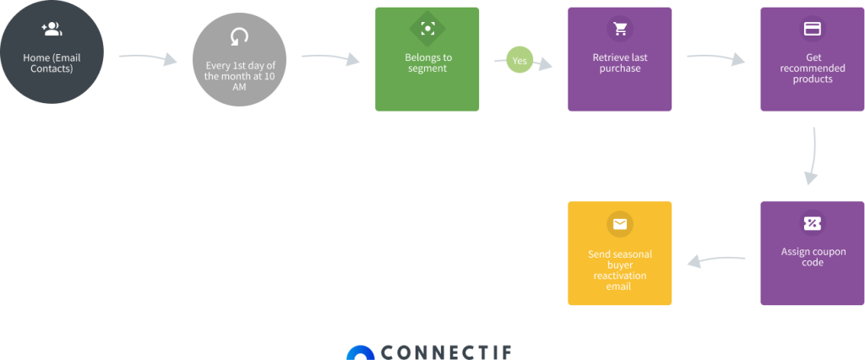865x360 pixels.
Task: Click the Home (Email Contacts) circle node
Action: (x=52, y=52)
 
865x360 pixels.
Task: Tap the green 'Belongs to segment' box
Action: (x=427, y=60)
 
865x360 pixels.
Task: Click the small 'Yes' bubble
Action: (x=520, y=61)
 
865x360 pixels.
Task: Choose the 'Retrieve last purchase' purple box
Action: (x=620, y=60)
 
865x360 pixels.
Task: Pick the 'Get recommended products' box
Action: (x=812, y=60)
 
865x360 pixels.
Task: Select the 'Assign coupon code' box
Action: (x=812, y=254)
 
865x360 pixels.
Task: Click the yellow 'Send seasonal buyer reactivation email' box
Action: (x=620, y=254)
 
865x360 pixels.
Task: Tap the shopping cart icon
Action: (x=621, y=29)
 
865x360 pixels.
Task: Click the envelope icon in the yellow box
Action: (x=620, y=224)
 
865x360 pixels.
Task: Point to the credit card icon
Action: (x=813, y=29)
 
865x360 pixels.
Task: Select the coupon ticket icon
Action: (x=813, y=223)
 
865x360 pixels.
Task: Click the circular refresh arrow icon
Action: (x=240, y=36)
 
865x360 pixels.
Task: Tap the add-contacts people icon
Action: (x=52, y=30)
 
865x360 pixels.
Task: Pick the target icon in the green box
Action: (x=427, y=29)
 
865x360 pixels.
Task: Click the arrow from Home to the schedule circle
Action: (x=148, y=58)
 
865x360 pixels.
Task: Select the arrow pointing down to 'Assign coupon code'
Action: (x=813, y=156)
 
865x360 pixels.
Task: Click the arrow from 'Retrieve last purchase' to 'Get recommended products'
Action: (x=716, y=58)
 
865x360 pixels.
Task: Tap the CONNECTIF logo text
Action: (x=445, y=352)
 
